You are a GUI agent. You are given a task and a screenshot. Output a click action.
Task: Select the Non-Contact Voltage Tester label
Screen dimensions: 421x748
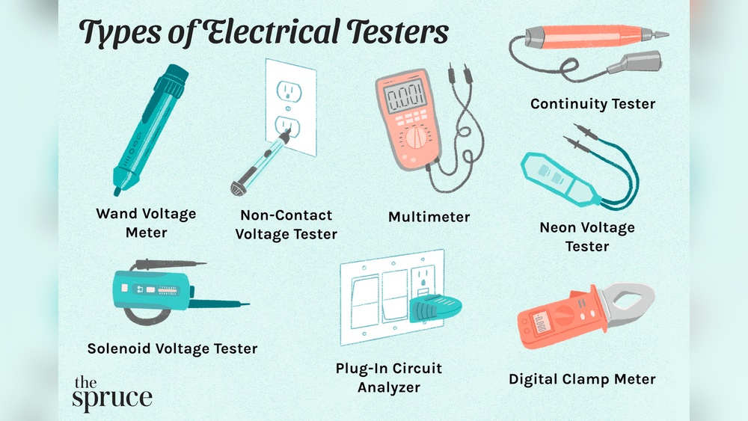pos(286,224)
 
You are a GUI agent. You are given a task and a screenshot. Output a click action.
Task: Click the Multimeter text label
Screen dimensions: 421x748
pos(429,217)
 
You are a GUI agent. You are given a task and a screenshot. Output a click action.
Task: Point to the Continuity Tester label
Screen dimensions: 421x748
pos(592,104)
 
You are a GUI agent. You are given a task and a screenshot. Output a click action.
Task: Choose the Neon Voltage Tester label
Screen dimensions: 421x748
pos(587,236)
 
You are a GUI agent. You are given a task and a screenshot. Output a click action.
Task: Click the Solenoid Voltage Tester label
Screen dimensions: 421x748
pos(172,348)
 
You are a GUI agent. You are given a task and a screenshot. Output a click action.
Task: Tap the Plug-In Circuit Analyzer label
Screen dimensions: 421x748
pos(388,378)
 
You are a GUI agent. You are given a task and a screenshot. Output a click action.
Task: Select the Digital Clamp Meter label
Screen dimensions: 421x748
pos(582,379)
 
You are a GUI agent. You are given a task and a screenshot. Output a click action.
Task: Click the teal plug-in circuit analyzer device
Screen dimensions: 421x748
pos(434,307)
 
